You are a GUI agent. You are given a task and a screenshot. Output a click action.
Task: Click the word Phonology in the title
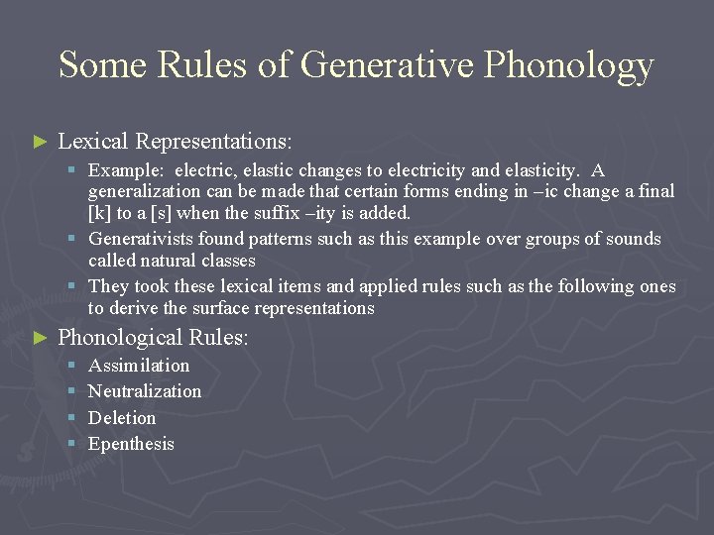pyautogui.click(x=569, y=65)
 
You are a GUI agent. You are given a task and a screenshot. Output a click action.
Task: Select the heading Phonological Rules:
pyautogui.click(x=154, y=338)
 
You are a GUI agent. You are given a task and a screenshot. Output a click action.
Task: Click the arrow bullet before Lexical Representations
pyautogui.click(x=40, y=143)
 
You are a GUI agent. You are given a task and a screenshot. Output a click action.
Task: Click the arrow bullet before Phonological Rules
pyautogui.click(x=40, y=339)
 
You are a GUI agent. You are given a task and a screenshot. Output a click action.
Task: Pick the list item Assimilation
pyautogui.click(x=139, y=366)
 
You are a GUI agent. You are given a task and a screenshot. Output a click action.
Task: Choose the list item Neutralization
pyautogui.click(x=145, y=391)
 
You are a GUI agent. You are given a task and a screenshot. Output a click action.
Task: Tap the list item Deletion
pyautogui.click(x=122, y=418)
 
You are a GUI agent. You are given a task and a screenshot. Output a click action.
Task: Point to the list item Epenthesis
pyautogui.click(x=131, y=444)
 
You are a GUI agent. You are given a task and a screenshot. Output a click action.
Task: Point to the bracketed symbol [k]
pyautogui.click(x=100, y=213)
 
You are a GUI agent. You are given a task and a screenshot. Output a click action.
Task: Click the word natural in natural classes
pyautogui.click(x=171, y=261)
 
